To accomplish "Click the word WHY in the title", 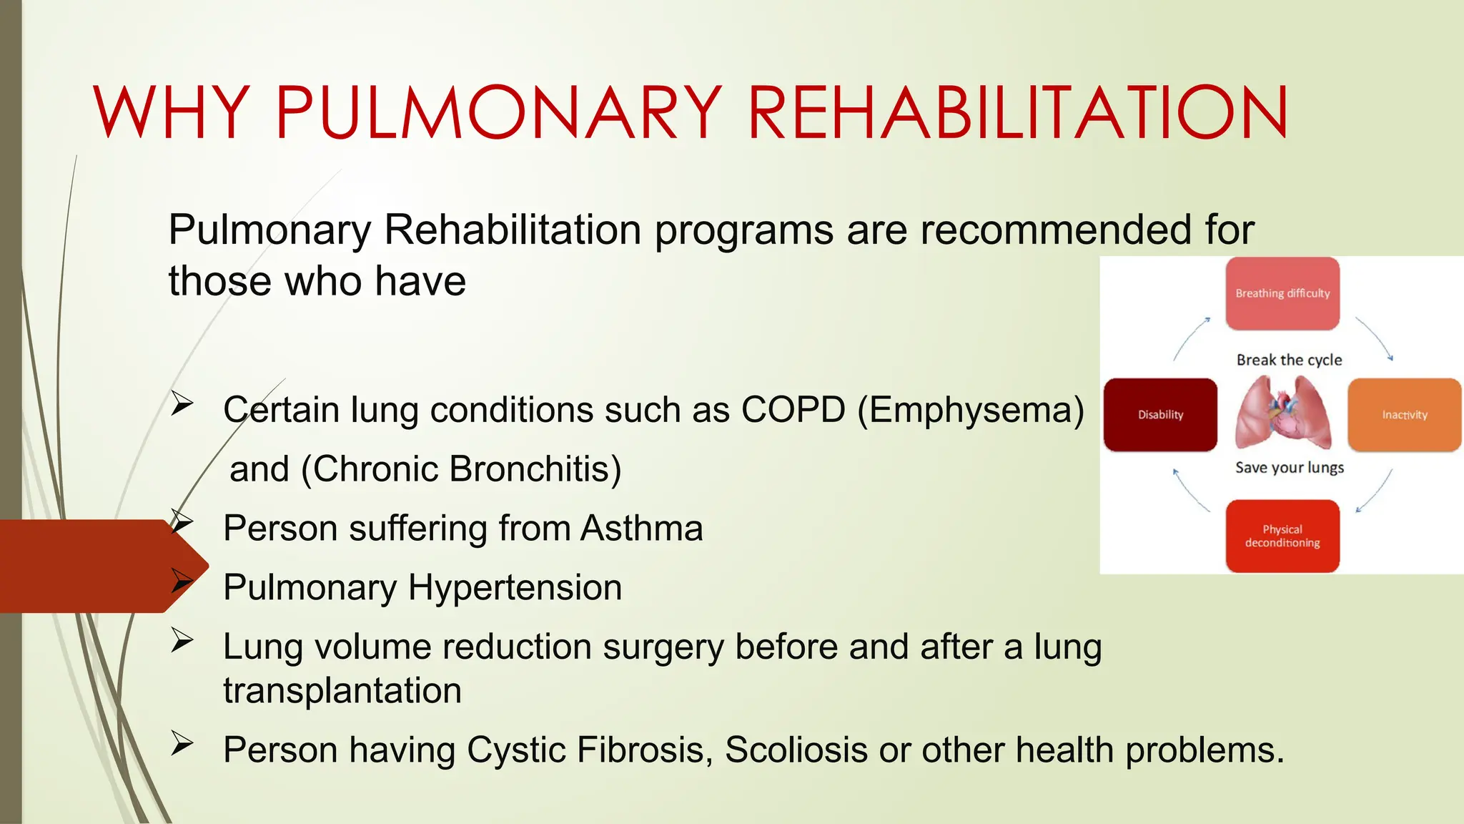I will click(172, 112).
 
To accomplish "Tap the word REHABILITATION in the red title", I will click(1018, 112).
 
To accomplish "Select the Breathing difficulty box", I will click(1282, 293).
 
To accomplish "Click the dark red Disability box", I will click(1160, 415).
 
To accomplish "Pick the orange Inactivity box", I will click(1404, 415).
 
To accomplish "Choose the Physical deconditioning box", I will click(1282, 536).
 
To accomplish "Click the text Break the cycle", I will click(1289, 360).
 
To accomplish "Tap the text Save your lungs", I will click(1289, 468).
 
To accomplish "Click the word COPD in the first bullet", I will click(793, 410).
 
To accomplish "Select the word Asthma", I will click(641, 529).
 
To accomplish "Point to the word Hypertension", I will click(515, 588).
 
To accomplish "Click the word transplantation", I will click(342, 691).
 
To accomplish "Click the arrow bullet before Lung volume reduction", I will click(182, 641).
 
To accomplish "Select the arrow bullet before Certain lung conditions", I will click(182, 405).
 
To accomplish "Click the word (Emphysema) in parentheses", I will click(971, 410).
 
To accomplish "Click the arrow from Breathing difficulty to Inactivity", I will click(1375, 338).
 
